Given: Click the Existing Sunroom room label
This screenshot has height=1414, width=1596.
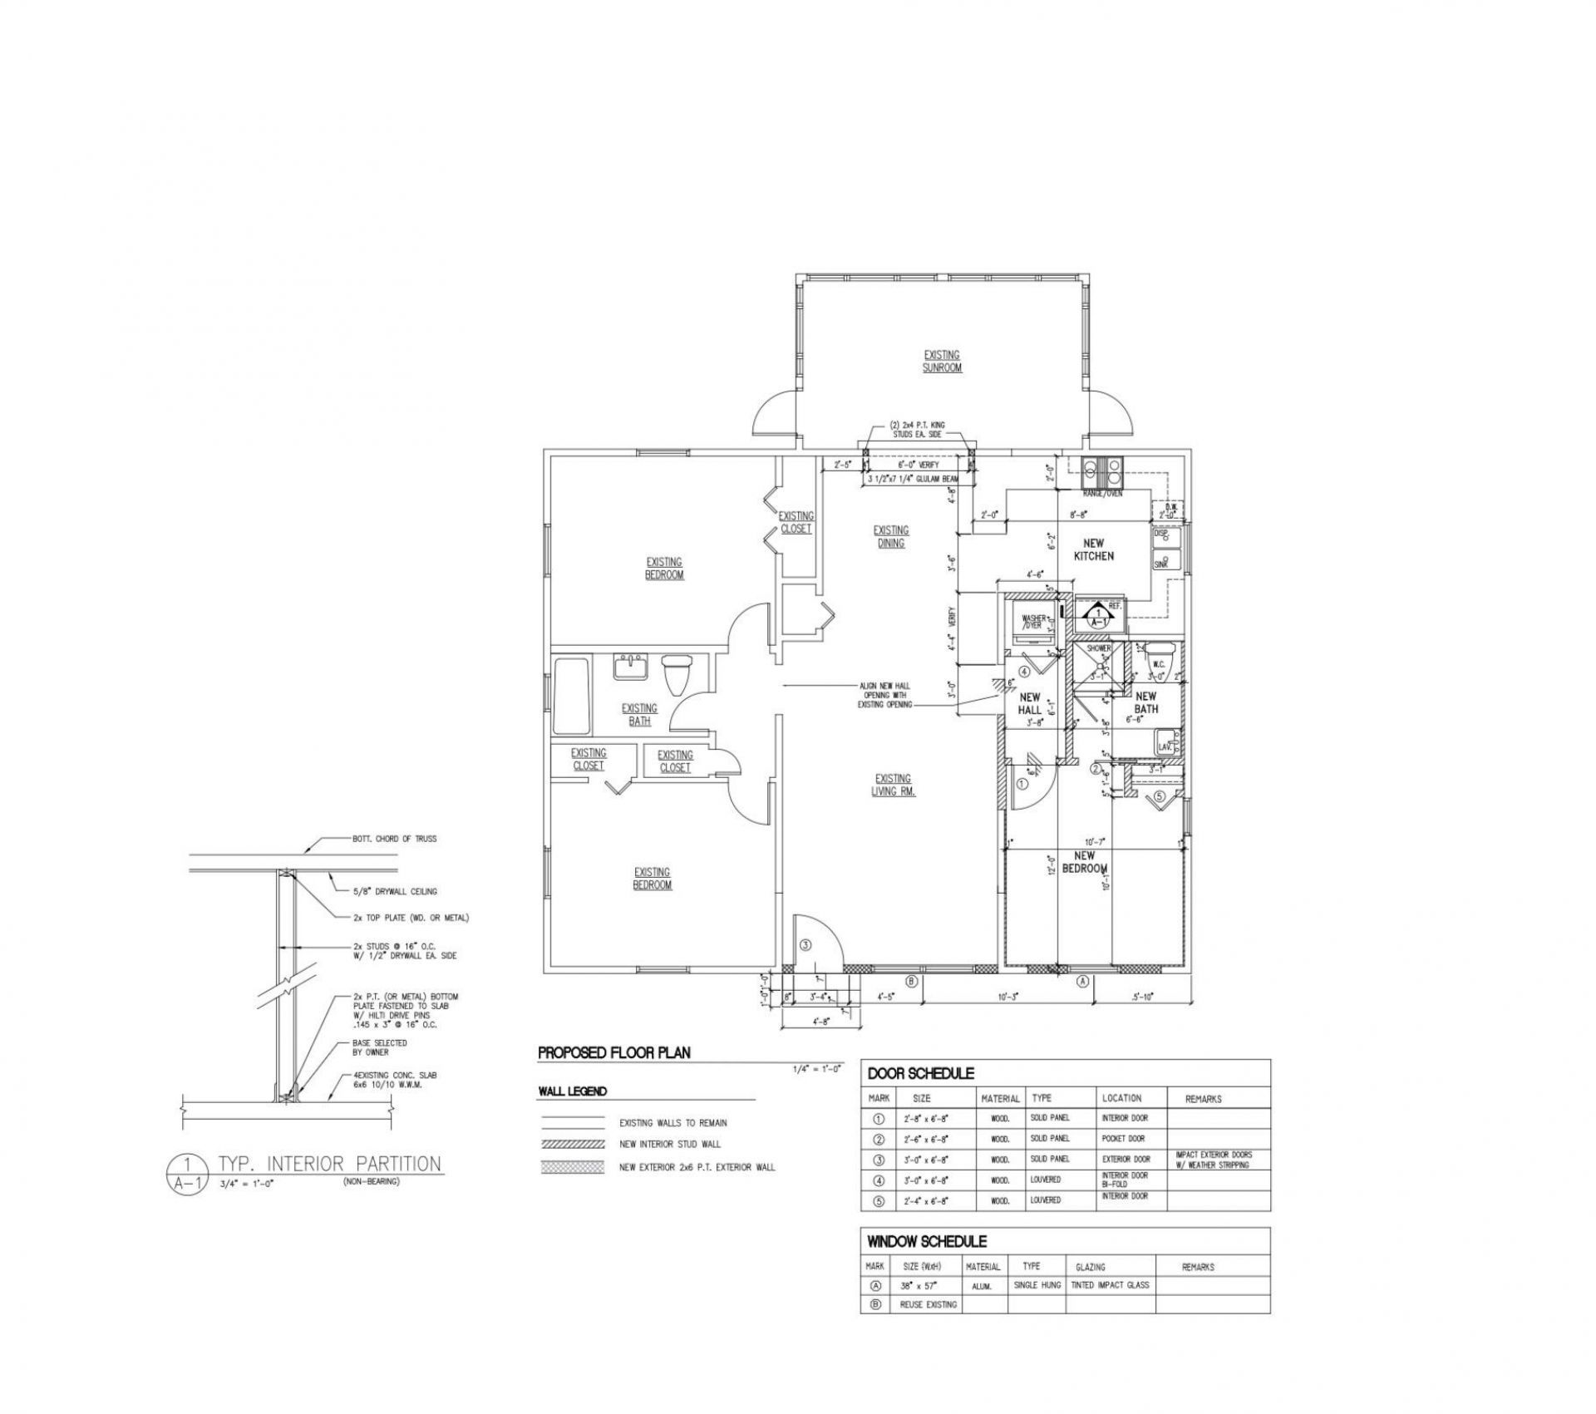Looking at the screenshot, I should click(x=942, y=361).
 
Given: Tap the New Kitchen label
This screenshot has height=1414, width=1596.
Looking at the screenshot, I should click(x=1093, y=549).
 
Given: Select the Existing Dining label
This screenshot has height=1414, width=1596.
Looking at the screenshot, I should click(x=890, y=536).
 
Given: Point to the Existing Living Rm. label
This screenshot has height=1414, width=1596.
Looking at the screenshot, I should click(x=892, y=785).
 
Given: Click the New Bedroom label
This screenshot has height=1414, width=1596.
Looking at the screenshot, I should click(x=1085, y=862).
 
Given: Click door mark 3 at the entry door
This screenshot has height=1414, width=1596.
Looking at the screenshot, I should click(x=806, y=945).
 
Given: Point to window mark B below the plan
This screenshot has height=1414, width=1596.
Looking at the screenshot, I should click(x=911, y=982).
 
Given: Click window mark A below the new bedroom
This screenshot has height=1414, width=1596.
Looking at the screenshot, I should click(x=1082, y=982).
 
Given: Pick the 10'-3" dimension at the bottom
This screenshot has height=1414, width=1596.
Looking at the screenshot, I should click(x=1008, y=996).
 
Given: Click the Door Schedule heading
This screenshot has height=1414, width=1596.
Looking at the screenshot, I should click(x=920, y=1074).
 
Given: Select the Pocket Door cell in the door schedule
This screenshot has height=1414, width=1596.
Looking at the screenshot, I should click(x=1124, y=1139).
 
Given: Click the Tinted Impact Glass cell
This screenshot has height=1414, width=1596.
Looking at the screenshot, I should click(x=1110, y=1285).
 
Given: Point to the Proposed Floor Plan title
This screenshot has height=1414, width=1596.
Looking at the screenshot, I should click(x=613, y=1053).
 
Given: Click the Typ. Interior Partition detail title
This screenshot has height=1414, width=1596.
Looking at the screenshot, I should click(x=329, y=1163).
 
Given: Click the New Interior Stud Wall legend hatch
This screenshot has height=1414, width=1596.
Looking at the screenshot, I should click(x=572, y=1145).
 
